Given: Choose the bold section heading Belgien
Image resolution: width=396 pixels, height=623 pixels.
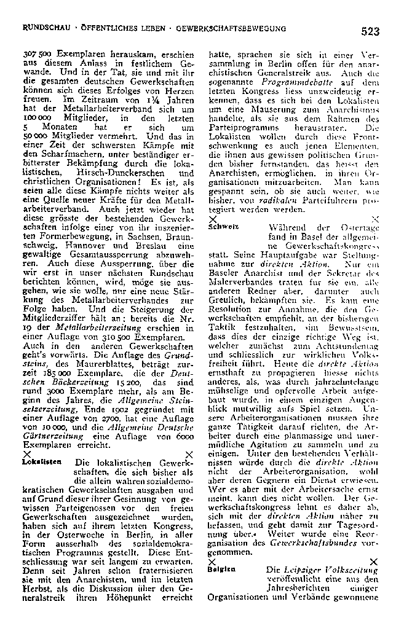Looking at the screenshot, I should (223, 570).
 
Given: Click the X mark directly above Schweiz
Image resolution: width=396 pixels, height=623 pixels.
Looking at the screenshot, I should (212, 218).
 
